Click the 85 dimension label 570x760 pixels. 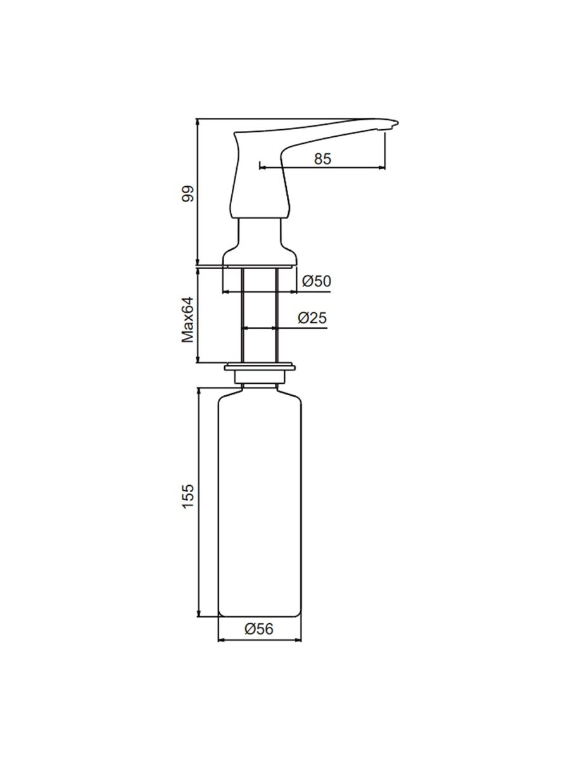tap(322, 158)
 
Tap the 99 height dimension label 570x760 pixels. tap(189, 194)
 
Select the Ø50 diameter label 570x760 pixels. tap(317, 281)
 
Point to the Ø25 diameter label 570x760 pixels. tap(312, 317)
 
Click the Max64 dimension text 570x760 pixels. tap(187, 320)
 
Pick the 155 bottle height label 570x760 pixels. tap(189, 496)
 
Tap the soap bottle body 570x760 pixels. tap(260, 502)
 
